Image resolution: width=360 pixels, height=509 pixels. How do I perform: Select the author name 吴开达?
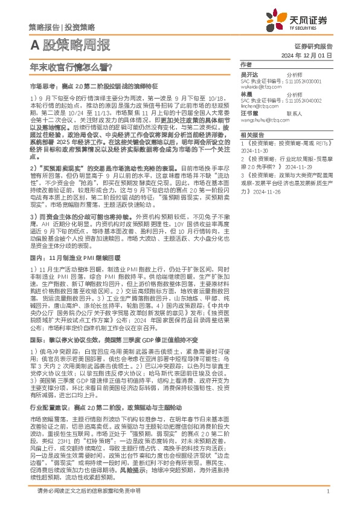249,74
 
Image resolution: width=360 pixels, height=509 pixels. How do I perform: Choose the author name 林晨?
246,95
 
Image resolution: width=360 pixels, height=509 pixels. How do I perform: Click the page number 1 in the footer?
327,491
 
